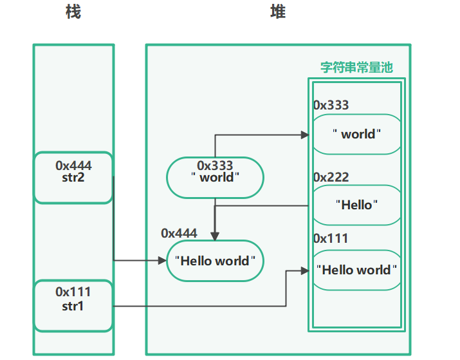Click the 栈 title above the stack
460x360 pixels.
tap(73, 13)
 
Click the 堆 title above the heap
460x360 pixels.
tap(277, 13)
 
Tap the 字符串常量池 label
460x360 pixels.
tap(356, 68)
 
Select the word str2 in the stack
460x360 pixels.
tap(73, 178)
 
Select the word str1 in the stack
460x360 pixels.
tap(73, 306)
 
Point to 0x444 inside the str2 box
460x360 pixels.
tap(73, 166)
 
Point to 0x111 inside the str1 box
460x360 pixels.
tap(73, 294)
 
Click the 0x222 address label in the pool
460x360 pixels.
tap(331, 177)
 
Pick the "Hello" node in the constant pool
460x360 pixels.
tap(356, 205)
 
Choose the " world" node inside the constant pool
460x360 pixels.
tap(356, 134)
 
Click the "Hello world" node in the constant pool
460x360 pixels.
tap(356, 270)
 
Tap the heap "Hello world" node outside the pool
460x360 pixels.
tap(216, 261)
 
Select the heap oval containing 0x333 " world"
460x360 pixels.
tap(216, 177)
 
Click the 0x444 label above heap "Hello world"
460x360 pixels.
tap(179, 233)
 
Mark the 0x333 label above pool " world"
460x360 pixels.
tap(331, 105)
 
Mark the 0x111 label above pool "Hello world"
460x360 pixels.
tap(331, 238)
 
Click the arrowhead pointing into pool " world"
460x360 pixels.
tap(306, 135)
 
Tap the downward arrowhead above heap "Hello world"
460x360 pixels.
tap(216, 236)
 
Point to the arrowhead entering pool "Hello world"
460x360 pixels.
tap(307, 271)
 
